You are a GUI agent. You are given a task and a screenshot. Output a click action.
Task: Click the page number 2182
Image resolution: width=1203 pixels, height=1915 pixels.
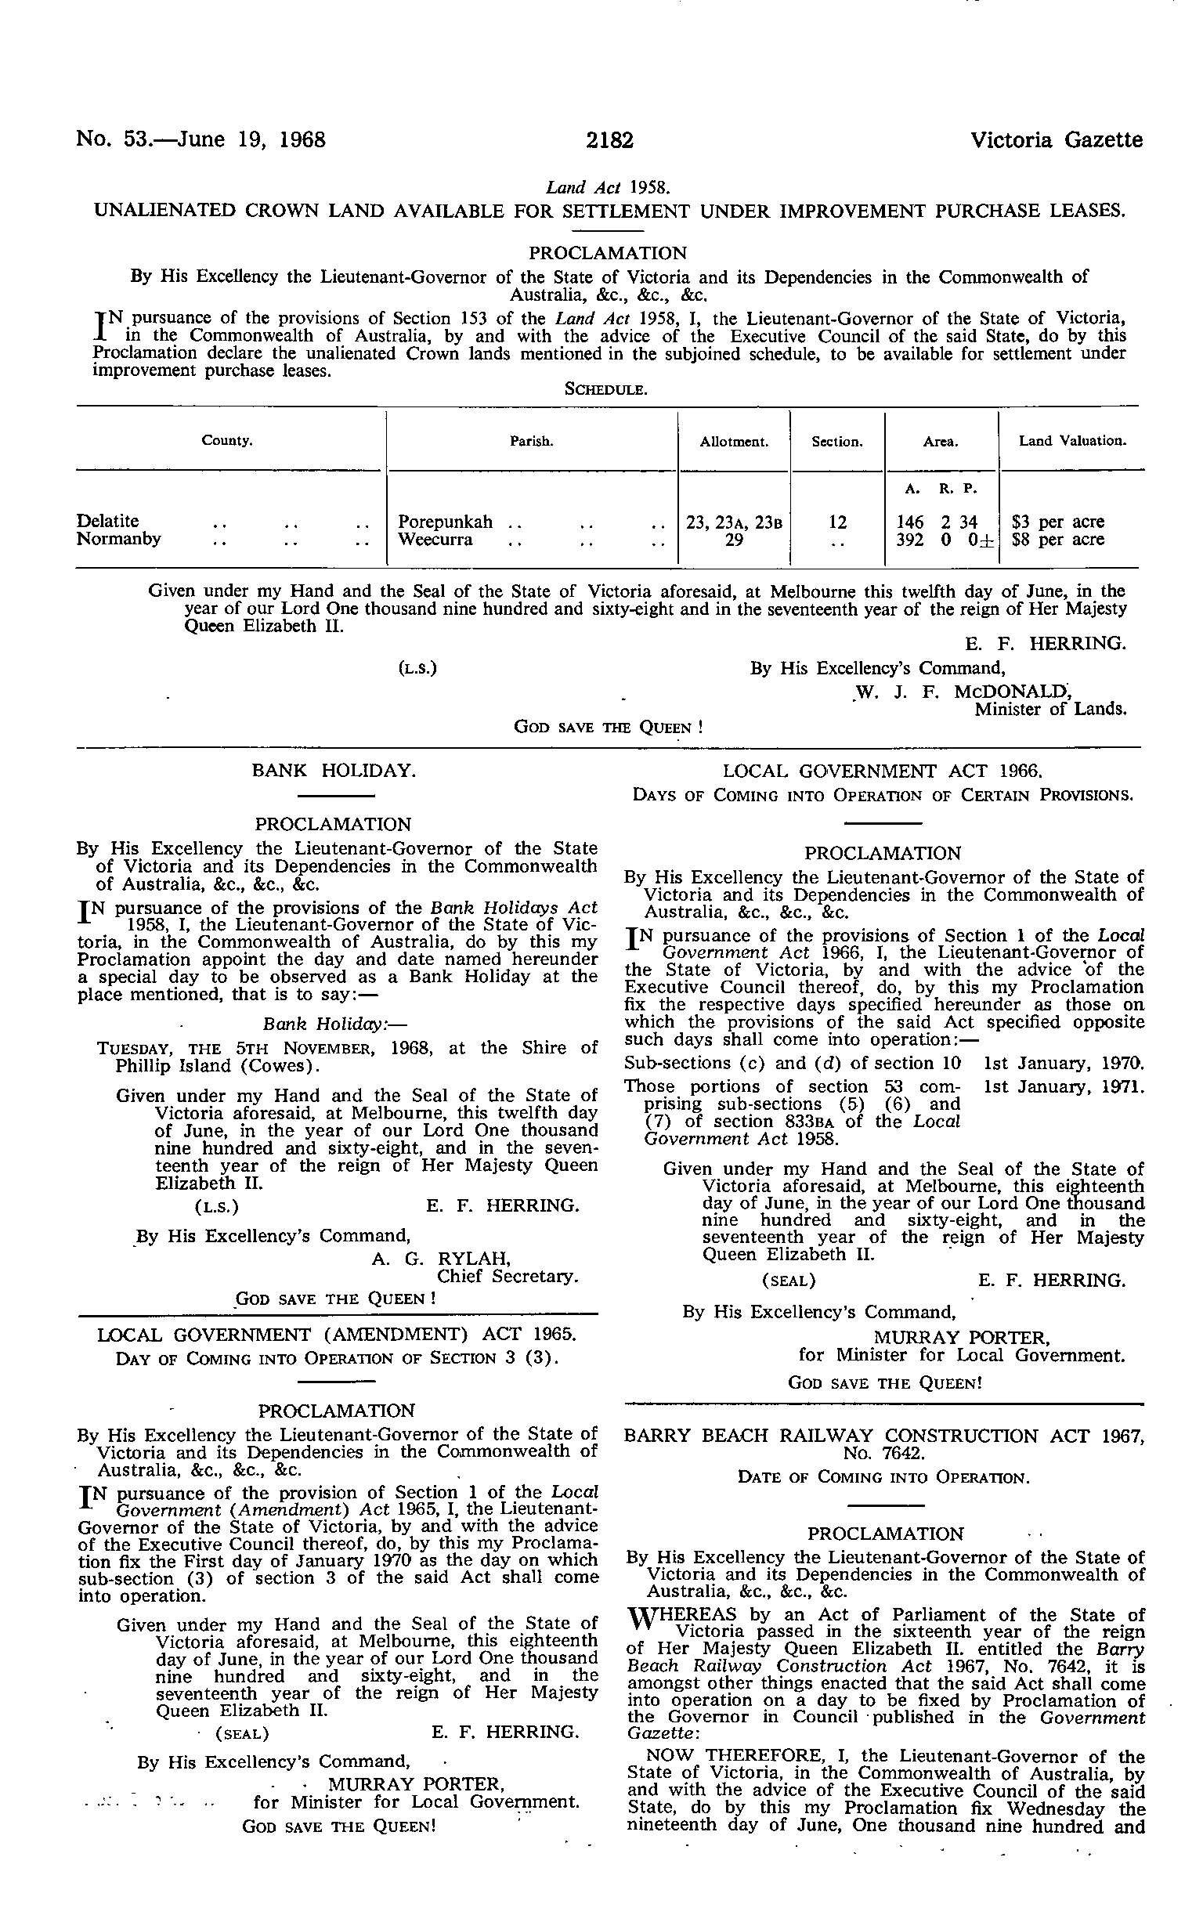tap(610, 141)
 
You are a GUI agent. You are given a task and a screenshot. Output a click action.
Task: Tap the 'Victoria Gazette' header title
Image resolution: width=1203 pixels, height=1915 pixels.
tap(1056, 141)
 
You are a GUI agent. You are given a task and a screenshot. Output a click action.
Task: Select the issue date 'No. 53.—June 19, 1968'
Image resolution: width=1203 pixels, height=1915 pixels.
tap(201, 141)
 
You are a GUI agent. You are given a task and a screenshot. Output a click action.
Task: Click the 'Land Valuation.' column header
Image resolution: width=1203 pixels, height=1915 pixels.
tap(1071, 441)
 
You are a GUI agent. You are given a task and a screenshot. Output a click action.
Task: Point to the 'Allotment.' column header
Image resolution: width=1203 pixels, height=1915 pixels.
tap(734, 442)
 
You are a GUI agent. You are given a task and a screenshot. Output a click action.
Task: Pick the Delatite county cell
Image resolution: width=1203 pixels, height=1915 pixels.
tap(108, 521)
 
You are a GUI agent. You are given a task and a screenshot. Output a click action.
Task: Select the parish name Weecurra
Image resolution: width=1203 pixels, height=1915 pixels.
tap(435, 540)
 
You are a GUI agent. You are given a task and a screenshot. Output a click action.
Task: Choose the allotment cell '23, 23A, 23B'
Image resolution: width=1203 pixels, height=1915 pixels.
tap(734, 522)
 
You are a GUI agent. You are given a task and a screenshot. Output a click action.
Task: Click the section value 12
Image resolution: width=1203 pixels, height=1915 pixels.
tap(837, 522)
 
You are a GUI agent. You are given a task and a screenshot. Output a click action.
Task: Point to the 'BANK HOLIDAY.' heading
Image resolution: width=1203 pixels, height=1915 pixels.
tap(334, 770)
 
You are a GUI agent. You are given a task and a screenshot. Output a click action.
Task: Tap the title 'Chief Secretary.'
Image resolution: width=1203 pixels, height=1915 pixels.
tap(508, 1277)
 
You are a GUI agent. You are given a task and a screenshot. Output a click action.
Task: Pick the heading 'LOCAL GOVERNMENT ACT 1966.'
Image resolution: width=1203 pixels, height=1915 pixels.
tap(883, 771)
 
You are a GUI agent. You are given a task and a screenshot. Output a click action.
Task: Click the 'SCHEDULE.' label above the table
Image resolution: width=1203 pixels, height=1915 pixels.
tap(608, 390)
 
